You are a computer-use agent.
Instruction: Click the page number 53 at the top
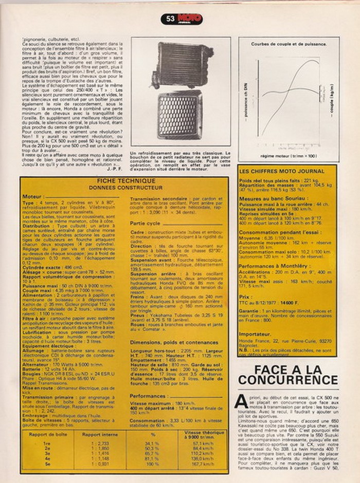pos(170,19)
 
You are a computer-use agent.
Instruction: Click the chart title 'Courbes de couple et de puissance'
pos(289,45)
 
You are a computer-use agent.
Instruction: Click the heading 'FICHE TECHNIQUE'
pos(125,181)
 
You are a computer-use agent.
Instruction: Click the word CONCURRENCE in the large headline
pos(288,380)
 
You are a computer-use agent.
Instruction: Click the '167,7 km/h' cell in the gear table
pos(202,465)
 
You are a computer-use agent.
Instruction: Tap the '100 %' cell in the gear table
pos(153,465)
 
